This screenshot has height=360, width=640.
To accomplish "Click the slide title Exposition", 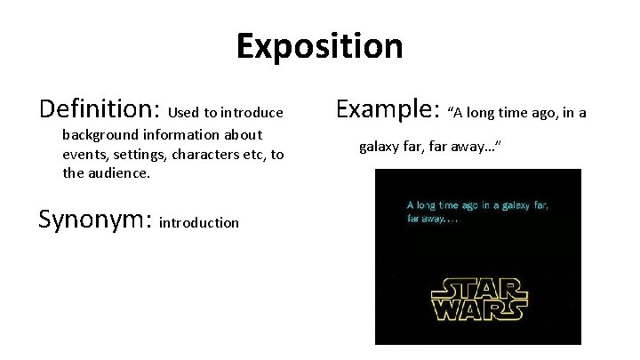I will click(x=319, y=46).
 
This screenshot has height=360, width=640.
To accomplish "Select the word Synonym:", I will click(x=95, y=220).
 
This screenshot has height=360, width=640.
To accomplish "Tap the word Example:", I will click(x=389, y=110).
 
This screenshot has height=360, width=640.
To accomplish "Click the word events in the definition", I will click(x=83, y=154).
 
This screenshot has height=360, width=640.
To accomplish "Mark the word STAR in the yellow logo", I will click(x=477, y=290).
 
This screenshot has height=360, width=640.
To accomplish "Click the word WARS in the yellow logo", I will click(x=477, y=311).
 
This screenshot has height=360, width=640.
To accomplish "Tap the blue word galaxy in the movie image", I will click(x=516, y=204).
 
